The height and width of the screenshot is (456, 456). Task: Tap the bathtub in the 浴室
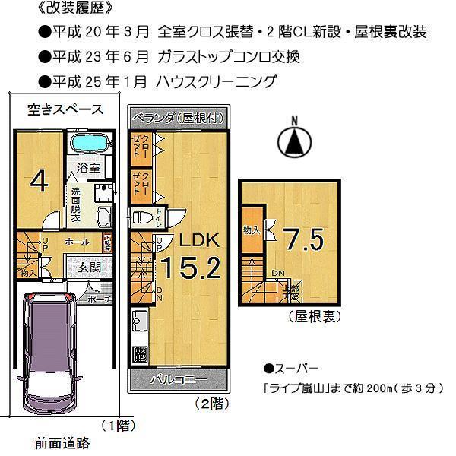pyautogui.click(x=90, y=144)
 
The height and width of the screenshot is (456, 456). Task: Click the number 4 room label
pyautogui.click(x=39, y=181)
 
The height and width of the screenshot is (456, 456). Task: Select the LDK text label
pyautogui.click(x=198, y=241)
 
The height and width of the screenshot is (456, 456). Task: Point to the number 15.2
pyautogui.click(x=189, y=268)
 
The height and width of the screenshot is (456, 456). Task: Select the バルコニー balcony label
pyautogui.click(x=178, y=378)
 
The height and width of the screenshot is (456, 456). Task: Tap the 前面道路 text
pyautogui.click(x=62, y=442)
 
